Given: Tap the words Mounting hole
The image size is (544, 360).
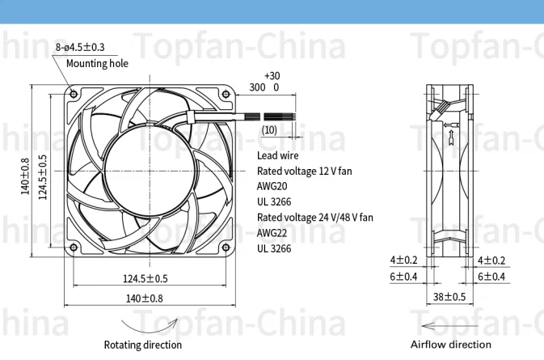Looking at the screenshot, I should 97,63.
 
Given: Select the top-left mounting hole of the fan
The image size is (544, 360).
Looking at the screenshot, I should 74,93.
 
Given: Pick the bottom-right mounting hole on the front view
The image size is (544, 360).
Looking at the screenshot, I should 226,248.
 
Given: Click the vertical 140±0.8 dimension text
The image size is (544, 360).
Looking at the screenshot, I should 25,176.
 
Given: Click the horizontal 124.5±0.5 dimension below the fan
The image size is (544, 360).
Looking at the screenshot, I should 145,279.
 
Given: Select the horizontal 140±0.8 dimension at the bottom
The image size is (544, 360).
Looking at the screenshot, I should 145,298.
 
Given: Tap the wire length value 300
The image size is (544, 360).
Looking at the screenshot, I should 257,87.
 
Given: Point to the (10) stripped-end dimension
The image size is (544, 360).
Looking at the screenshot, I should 269,129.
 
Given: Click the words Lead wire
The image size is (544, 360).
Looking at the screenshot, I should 278,155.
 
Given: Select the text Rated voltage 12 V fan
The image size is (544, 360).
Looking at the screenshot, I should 305,171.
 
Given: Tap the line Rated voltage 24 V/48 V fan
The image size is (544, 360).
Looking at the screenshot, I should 315,218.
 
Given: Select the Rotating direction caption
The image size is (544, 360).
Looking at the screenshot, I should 142,345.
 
